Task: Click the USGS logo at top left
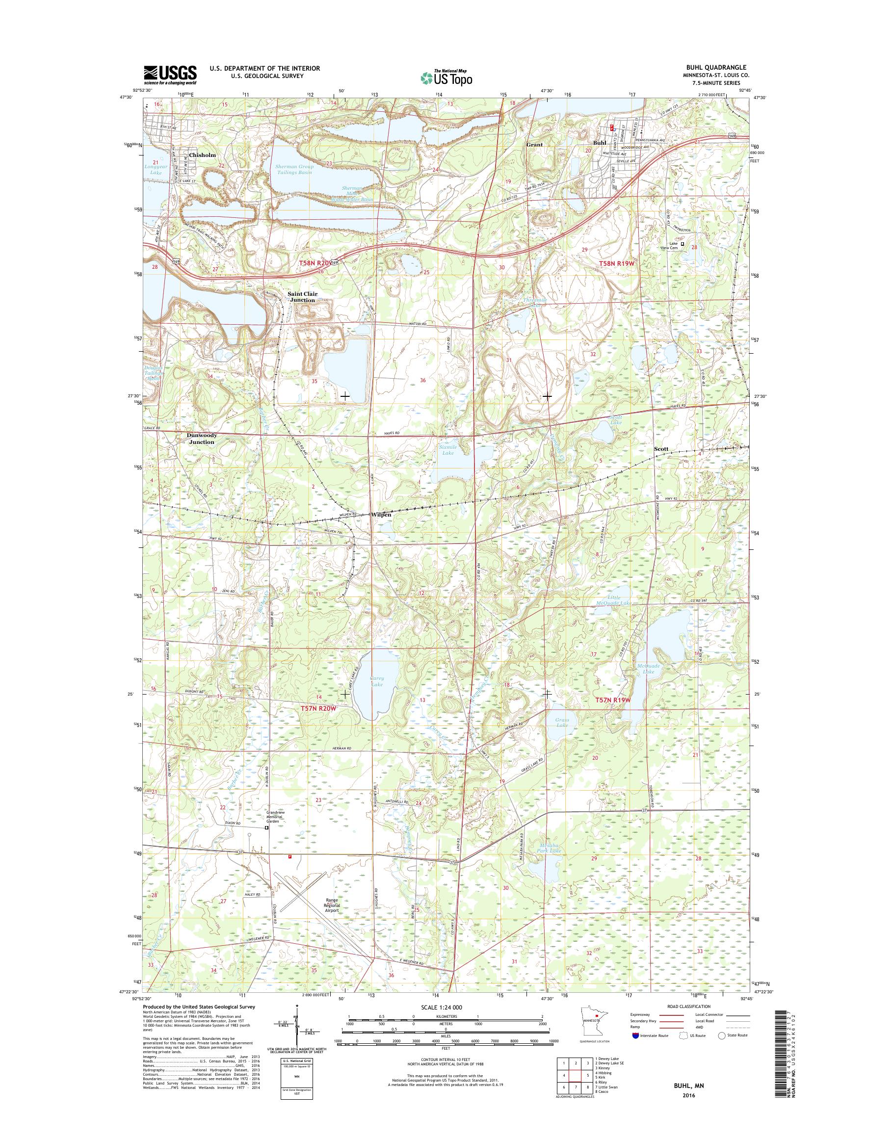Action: point(170,75)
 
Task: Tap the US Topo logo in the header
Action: point(446,78)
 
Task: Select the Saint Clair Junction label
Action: point(302,297)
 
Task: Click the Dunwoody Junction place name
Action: point(202,438)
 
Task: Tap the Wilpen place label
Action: point(381,515)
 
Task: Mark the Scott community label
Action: point(661,448)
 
